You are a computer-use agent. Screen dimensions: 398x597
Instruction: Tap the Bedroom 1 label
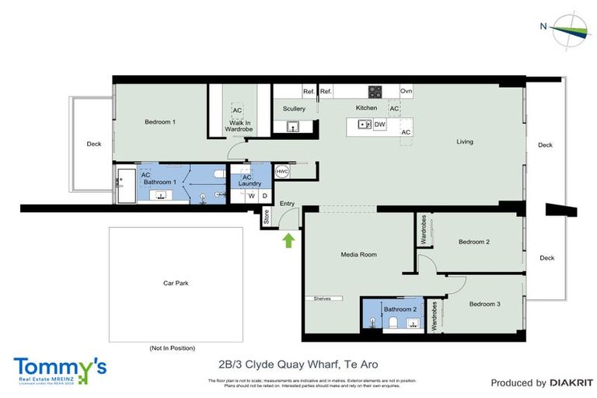point(160,122)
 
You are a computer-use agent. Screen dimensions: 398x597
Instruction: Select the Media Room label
point(358,254)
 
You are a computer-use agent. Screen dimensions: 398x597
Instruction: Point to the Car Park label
point(176,283)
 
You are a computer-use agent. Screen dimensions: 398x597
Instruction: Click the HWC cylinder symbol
point(282,171)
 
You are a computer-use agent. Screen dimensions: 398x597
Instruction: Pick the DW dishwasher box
point(380,124)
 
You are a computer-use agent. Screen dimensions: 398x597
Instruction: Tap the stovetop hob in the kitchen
point(375,91)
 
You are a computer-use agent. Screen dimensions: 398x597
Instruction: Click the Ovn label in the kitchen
point(406,91)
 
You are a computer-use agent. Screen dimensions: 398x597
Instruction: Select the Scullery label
point(294,109)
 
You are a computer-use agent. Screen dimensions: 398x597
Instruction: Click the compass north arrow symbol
point(572,27)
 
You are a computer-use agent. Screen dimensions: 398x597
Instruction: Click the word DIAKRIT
point(571,382)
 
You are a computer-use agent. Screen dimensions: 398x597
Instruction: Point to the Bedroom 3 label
point(484,304)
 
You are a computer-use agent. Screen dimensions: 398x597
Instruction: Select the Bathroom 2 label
point(400,309)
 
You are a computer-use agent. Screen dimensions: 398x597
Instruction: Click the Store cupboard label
point(266,218)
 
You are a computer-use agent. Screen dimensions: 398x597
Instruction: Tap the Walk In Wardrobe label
point(239,126)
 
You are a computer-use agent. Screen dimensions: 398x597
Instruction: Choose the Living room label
point(465,141)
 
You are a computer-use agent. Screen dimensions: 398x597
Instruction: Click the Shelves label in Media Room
point(323,298)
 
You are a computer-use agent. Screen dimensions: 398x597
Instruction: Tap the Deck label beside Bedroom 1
point(94,144)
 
